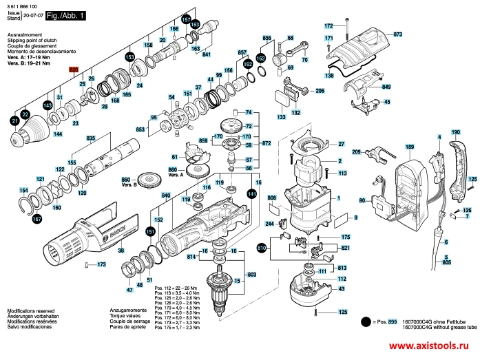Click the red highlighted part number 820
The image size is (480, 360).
(x=74, y=70)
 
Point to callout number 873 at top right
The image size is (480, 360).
(x=397, y=34)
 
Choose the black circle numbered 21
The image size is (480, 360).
(x=15, y=122)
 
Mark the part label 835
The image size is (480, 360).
(x=90, y=139)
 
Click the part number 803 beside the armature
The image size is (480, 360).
(x=251, y=275)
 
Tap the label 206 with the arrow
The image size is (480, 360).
(x=320, y=91)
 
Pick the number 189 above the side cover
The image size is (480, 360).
(x=410, y=147)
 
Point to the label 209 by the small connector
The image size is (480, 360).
(x=356, y=151)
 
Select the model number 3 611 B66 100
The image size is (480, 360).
(x=23, y=6)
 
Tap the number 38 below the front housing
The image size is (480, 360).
(x=121, y=251)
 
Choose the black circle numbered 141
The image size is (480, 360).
(x=251, y=195)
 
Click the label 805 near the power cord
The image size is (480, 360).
(x=446, y=263)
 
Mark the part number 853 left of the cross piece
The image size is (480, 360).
(x=140, y=129)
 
